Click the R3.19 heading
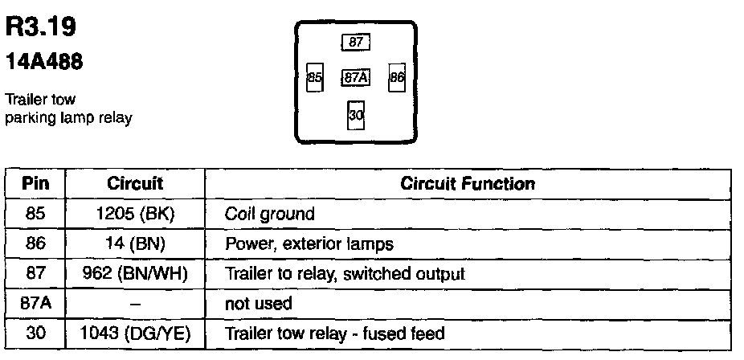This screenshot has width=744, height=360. click(x=41, y=28)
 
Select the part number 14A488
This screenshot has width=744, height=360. click(x=46, y=62)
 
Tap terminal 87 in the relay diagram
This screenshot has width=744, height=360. click(x=354, y=42)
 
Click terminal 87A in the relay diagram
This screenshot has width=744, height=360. click(x=355, y=78)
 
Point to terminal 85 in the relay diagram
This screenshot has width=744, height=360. click(x=315, y=78)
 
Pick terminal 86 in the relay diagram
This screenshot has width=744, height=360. click(x=397, y=78)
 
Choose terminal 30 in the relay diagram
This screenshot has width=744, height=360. click(x=356, y=116)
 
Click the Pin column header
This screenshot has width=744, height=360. click(x=35, y=184)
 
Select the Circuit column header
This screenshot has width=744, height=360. click(x=135, y=184)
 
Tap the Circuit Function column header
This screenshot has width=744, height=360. click(x=468, y=184)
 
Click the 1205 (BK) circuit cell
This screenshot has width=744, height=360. click(x=135, y=214)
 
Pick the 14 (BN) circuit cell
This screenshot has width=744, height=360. click(x=135, y=243)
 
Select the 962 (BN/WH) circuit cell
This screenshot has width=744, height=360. click(x=135, y=273)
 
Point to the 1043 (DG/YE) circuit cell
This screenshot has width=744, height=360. click(x=135, y=333)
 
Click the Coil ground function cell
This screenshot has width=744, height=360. click(x=270, y=215)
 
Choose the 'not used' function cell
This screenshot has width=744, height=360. click(x=258, y=304)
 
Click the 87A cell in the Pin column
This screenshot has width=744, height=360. click(x=35, y=303)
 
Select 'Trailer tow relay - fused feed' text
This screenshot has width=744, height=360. click(x=334, y=333)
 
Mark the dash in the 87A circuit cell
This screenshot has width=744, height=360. click(x=135, y=304)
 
